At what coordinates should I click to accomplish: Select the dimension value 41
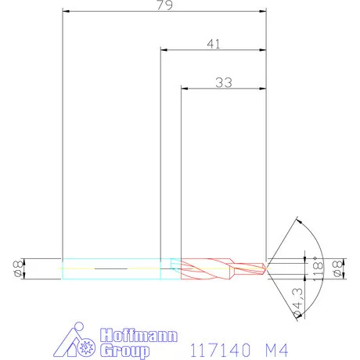[x=213, y=44]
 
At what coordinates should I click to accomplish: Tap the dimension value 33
[x=223, y=82]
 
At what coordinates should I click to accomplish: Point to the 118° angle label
[x=317, y=268]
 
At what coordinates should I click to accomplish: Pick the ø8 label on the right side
[x=337, y=268]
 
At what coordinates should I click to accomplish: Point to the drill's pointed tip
[x=266, y=268]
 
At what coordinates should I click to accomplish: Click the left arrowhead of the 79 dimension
[x=66, y=12]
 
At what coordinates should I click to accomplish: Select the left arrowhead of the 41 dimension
[x=164, y=50]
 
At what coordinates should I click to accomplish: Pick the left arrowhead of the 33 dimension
[x=185, y=88]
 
